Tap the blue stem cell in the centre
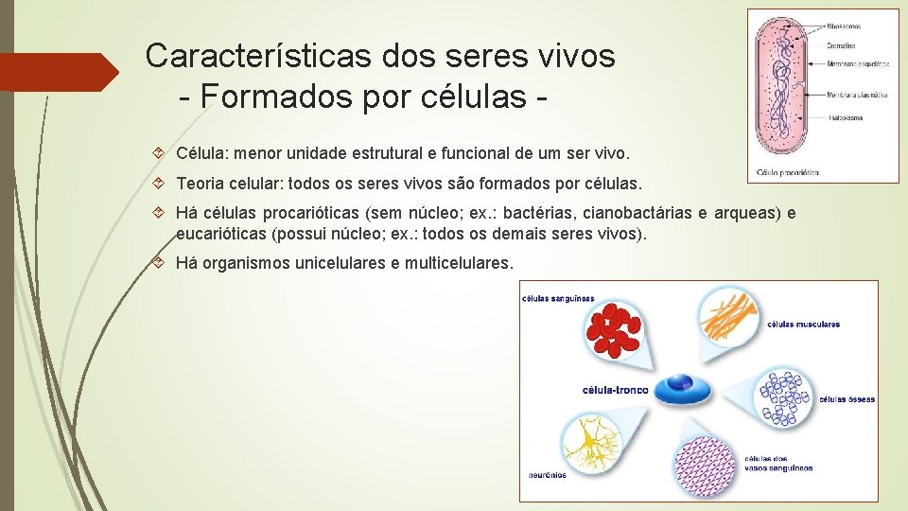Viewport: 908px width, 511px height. point(679,385)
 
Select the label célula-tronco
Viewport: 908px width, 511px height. point(616,389)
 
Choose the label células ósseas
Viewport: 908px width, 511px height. point(847,398)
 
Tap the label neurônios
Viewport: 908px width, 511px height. point(548,475)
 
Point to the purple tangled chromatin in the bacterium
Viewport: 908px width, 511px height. point(780,85)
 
